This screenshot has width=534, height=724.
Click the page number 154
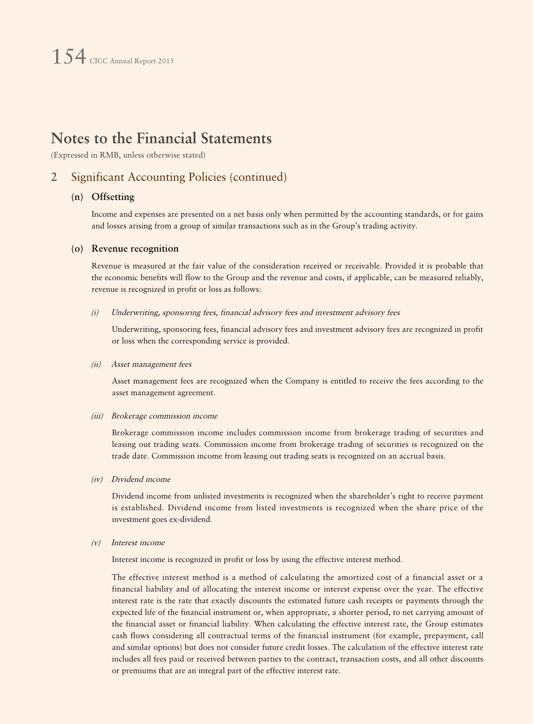(x=68, y=57)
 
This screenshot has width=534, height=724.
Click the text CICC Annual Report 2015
(x=131, y=61)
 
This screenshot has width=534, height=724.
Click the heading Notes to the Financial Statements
(x=161, y=138)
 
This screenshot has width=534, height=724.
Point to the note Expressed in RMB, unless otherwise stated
(x=128, y=155)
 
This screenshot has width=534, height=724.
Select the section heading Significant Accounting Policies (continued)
(x=179, y=177)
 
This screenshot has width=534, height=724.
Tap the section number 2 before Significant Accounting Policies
(x=54, y=177)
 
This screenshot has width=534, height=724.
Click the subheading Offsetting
(x=113, y=197)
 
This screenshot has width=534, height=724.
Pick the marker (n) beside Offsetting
(x=77, y=197)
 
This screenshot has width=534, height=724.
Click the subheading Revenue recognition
(x=135, y=249)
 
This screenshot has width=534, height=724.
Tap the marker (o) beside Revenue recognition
(x=77, y=249)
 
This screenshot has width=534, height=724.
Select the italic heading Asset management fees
(x=151, y=364)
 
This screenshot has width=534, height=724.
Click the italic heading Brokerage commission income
(x=164, y=416)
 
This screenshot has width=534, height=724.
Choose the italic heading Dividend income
(x=141, y=479)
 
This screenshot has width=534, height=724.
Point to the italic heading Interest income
(x=138, y=542)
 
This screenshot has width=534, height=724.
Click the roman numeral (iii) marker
(x=97, y=416)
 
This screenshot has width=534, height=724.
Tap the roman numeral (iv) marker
(x=97, y=479)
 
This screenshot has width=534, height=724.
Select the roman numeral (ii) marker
(x=96, y=364)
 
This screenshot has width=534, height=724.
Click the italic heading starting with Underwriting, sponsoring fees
(x=255, y=312)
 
